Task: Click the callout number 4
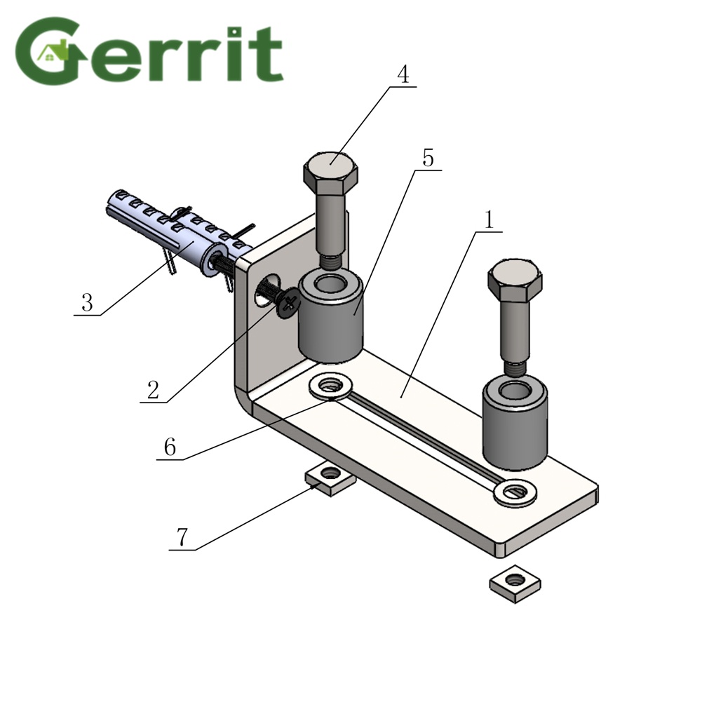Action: (x=403, y=74)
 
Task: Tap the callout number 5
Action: (x=428, y=158)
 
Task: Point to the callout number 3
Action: (x=87, y=303)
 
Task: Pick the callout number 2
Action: (x=153, y=389)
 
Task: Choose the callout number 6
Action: (x=170, y=447)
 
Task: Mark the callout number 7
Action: (x=182, y=537)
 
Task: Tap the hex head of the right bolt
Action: (x=515, y=280)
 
